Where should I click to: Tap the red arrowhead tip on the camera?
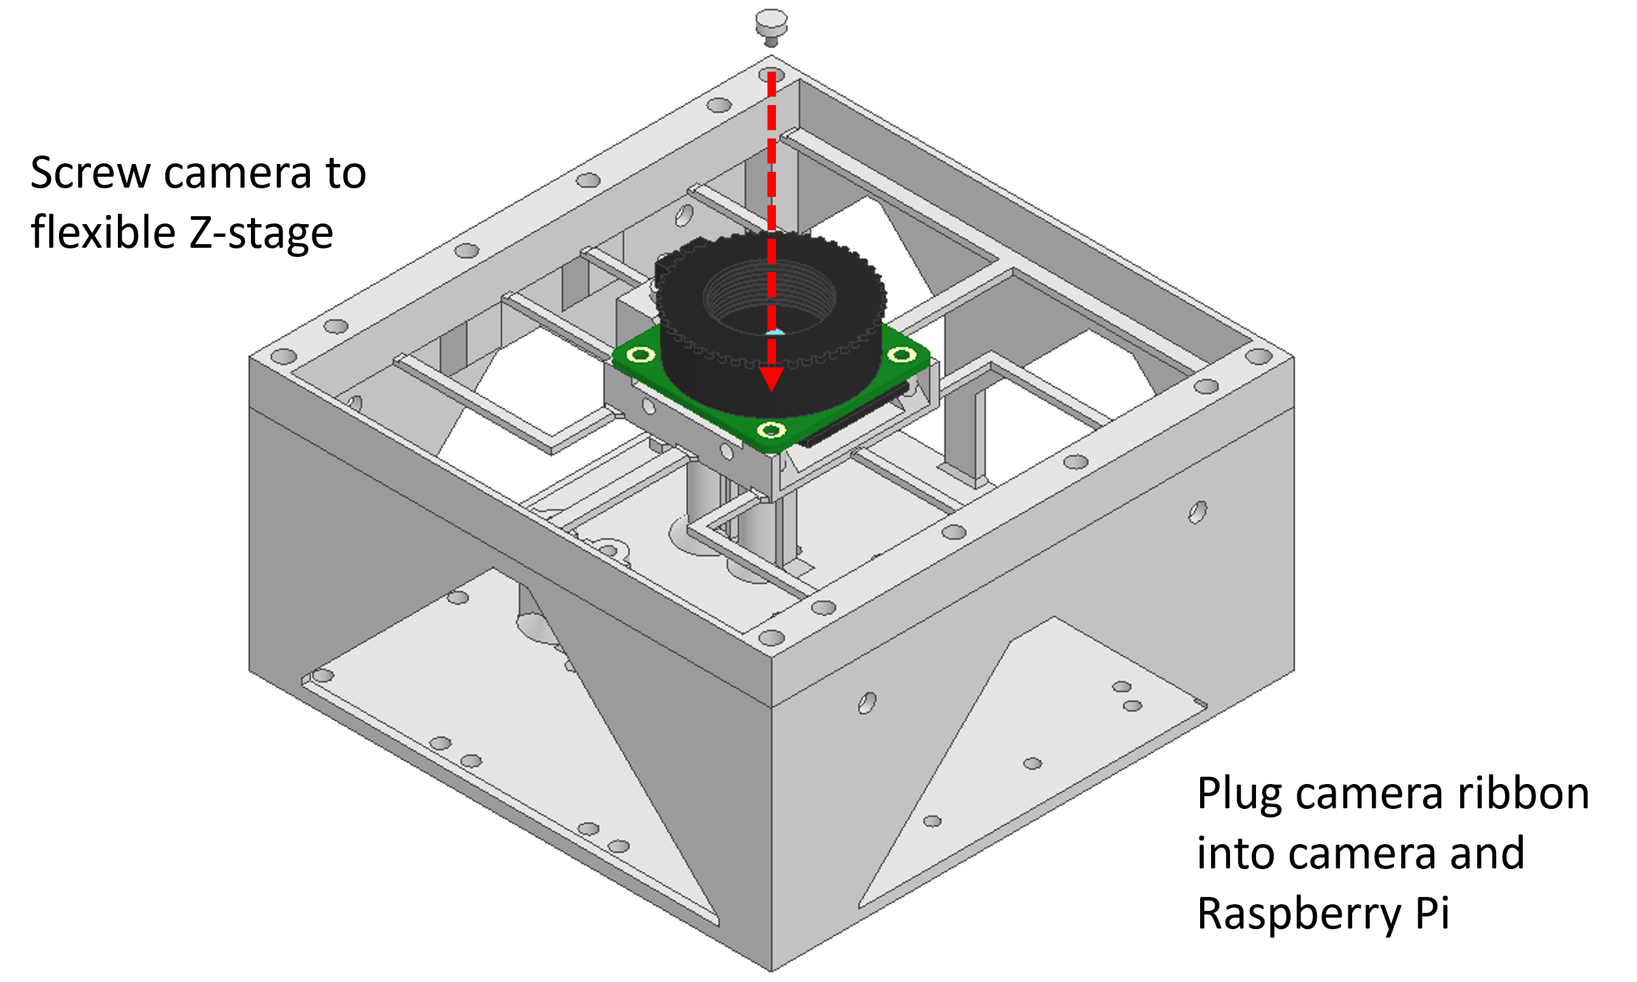(x=771, y=392)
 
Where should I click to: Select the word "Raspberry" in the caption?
(x=1299, y=914)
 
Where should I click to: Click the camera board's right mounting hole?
(x=901, y=355)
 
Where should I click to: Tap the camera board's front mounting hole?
(x=771, y=431)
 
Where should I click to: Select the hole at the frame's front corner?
(x=771, y=638)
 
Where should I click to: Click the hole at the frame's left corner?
(x=283, y=356)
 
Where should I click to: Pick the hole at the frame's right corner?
(x=1258, y=356)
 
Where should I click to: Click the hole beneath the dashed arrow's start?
(x=771, y=75)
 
